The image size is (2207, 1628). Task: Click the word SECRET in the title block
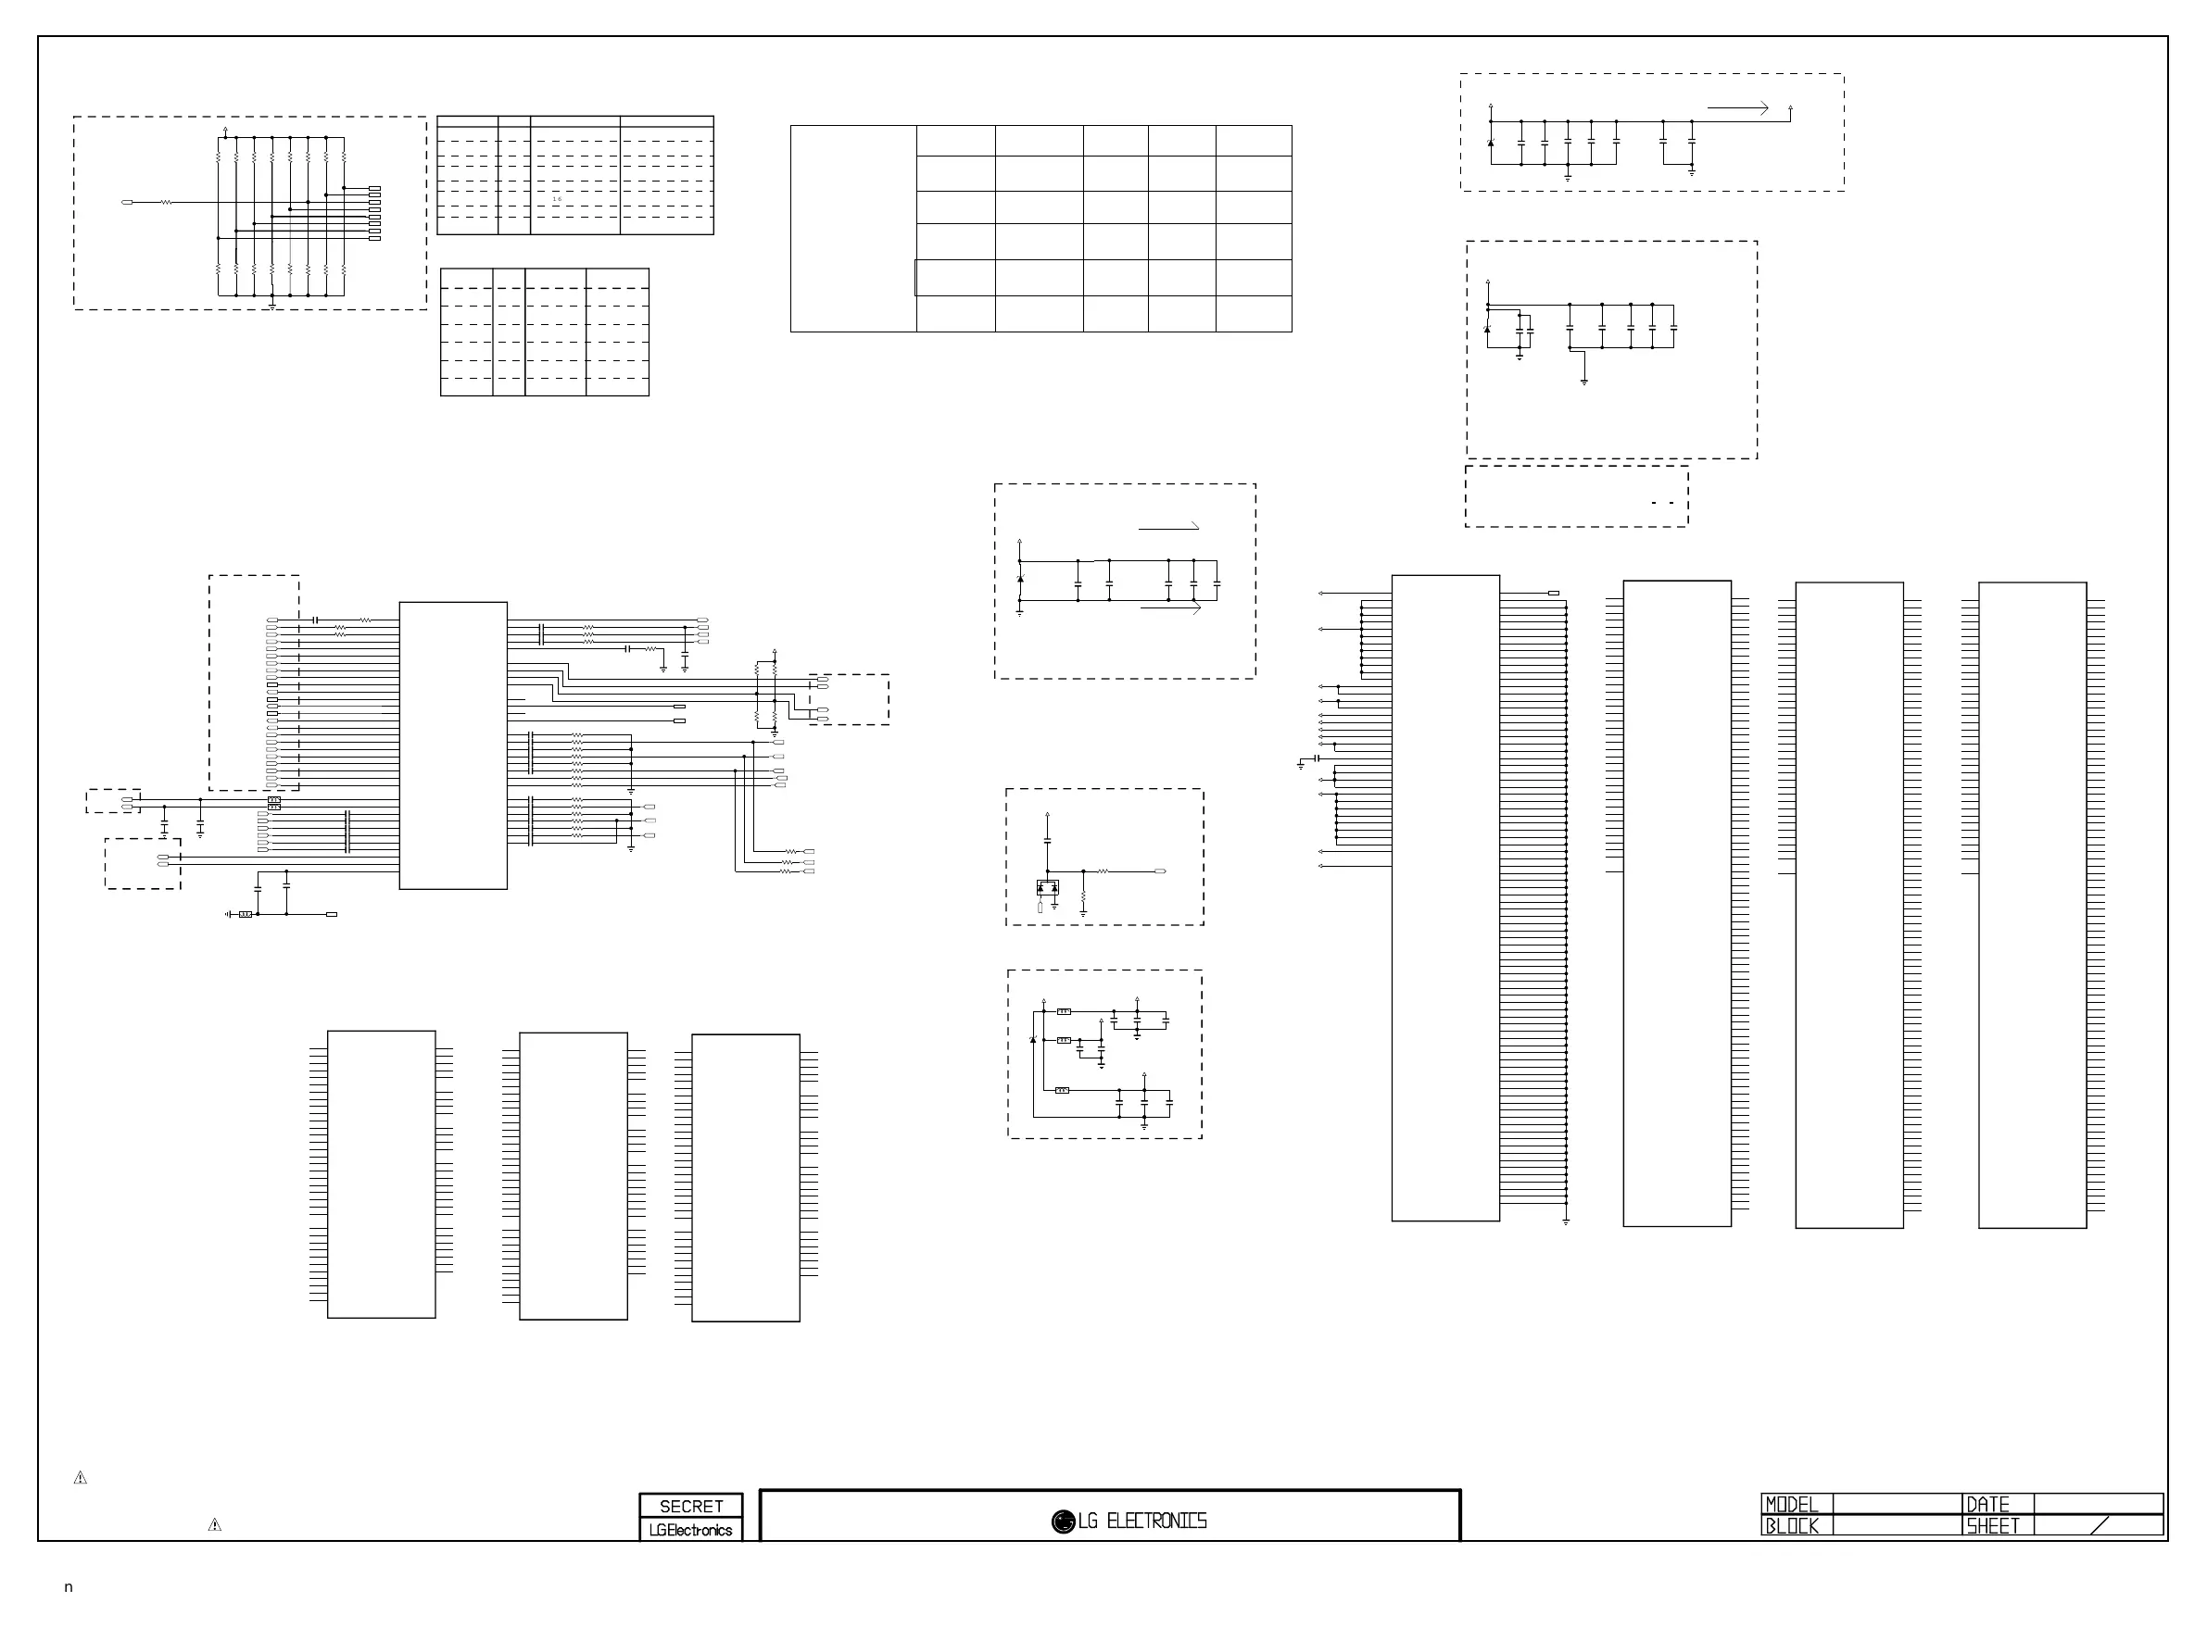pyautogui.click(x=691, y=1506)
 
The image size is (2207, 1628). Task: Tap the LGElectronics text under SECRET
pyautogui.click(x=691, y=1530)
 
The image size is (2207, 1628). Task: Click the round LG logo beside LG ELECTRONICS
pyautogui.click(x=1063, y=1522)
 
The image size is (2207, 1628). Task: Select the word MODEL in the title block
pyautogui.click(x=1791, y=1504)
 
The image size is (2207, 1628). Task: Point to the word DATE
pyautogui.click(x=1987, y=1504)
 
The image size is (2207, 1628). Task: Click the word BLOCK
pyautogui.click(x=1791, y=1525)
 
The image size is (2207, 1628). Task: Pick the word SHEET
pyautogui.click(x=1992, y=1525)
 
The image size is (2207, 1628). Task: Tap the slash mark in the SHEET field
pyautogui.click(x=2100, y=1525)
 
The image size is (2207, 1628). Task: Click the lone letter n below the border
pyautogui.click(x=68, y=1586)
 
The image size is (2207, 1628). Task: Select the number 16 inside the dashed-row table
pyautogui.click(x=557, y=199)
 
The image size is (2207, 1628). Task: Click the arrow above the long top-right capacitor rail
pyautogui.click(x=1738, y=108)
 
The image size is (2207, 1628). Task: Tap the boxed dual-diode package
pyautogui.click(x=1047, y=887)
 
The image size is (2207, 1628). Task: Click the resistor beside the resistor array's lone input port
pyautogui.click(x=166, y=202)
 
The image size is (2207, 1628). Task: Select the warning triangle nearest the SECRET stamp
pyautogui.click(x=215, y=1524)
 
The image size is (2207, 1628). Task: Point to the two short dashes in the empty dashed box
pyautogui.click(x=1663, y=503)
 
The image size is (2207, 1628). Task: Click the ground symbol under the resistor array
pyautogui.click(x=272, y=306)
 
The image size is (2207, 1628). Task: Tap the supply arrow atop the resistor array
pyautogui.click(x=226, y=129)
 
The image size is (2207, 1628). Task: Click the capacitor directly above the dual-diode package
pyautogui.click(x=1047, y=841)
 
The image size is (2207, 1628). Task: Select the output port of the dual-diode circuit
pyautogui.click(x=1160, y=871)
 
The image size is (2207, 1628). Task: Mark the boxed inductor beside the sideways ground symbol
pyautogui.click(x=246, y=915)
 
